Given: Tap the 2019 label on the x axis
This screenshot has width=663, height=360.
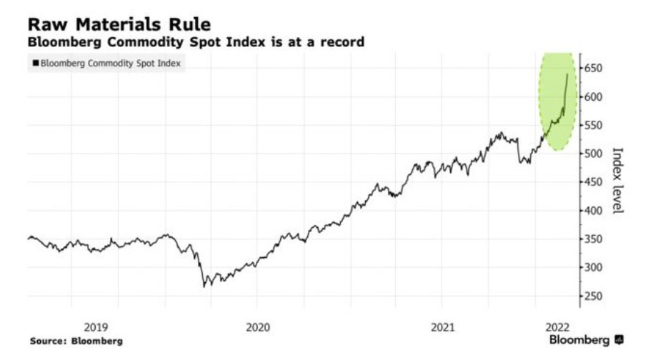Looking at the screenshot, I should pyautogui.click(x=96, y=327).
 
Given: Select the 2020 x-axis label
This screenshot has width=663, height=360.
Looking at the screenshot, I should pyautogui.click(x=258, y=327).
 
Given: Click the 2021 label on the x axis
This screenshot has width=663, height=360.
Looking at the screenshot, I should pyautogui.click(x=443, y=327).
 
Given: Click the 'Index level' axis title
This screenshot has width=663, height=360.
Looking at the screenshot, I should pyautogui.click(x=618, y=180).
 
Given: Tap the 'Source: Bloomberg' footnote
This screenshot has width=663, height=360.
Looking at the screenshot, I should pyautogui.click(x=76, y=341).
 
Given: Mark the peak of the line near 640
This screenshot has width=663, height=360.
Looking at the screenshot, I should pyautogui.click(x=567, y=74).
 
